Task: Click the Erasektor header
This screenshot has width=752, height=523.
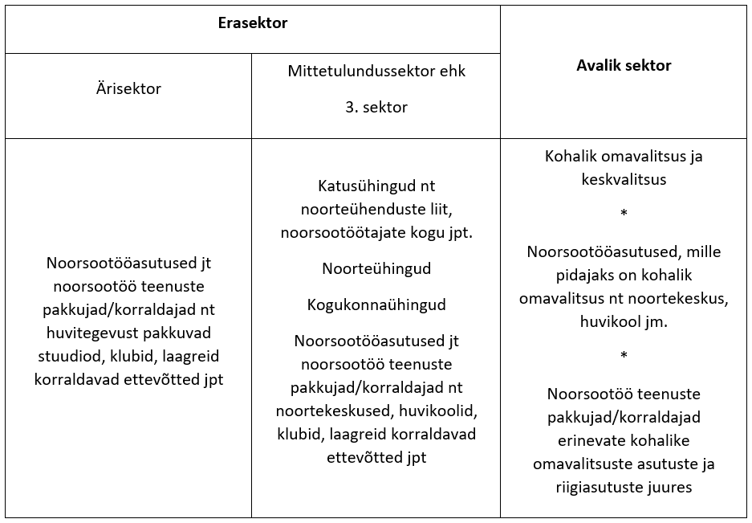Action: [253, 23]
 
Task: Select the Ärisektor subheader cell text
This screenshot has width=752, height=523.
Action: [128, 88]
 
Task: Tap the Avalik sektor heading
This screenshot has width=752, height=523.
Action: [624, 66]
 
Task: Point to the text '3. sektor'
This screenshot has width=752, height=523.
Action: [376, 107]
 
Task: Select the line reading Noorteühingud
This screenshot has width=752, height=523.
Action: [376, 268]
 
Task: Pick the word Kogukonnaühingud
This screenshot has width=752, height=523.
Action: [376, 305]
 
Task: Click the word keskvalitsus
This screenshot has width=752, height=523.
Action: [624, 179]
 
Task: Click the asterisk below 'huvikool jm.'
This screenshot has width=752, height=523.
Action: [624, 356]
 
